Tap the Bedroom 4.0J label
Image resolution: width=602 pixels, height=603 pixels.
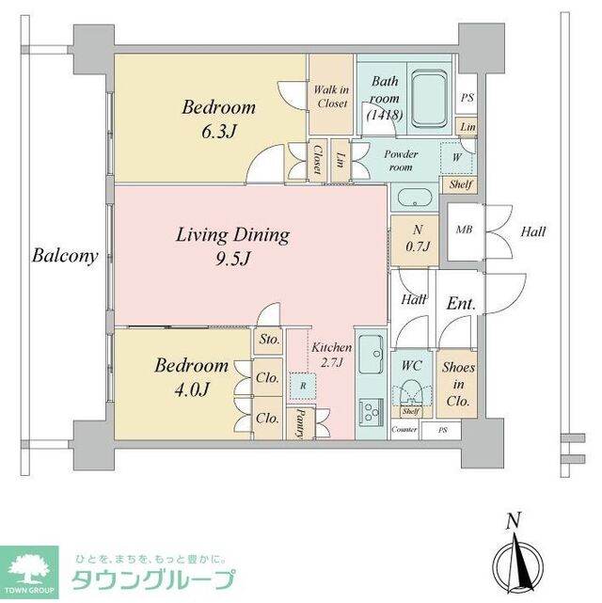[x=191, y=376]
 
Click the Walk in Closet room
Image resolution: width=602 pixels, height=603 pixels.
[x=331, y=96]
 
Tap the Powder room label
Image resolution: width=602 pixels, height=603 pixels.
[x=401, y=161]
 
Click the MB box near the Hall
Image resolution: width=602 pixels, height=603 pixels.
[x=464, y=230]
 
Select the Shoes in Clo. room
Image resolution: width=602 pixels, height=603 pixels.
[x=458, y=384]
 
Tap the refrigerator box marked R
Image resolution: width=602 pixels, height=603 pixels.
[x=302, y=386]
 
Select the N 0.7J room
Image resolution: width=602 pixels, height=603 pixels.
[x=411, y=237]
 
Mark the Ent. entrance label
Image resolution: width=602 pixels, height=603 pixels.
[x=461, y=305]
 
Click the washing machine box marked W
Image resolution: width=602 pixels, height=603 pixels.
[x=456, y=157]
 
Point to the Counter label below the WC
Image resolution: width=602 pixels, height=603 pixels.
[x=404, y=429]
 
